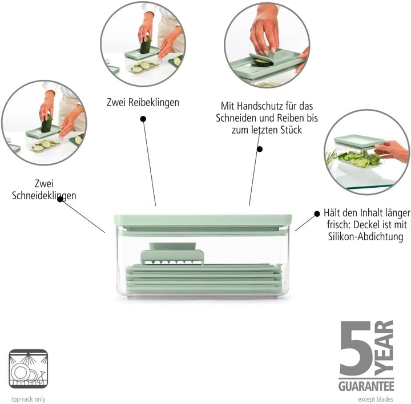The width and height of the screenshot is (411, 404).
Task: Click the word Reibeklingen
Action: (154, 103)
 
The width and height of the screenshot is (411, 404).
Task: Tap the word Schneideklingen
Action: (44, 196)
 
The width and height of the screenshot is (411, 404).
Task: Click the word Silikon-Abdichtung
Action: (366, 237)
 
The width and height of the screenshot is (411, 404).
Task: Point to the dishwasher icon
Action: (29, 369)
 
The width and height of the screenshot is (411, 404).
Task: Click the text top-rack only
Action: (29, 399)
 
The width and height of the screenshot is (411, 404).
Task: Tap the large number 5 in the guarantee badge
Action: (356, 348)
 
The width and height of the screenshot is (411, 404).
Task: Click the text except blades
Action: (376, 399)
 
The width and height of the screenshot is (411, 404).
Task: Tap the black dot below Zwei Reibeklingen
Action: (143, 119)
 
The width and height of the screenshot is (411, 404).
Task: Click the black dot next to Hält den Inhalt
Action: (317, 214)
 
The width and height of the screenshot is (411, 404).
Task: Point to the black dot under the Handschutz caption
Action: (260, 149)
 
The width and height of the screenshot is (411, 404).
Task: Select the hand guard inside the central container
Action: (172, 253)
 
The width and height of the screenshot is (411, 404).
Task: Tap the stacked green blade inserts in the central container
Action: (204, 279)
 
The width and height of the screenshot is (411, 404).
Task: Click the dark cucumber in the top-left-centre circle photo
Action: (146, 45)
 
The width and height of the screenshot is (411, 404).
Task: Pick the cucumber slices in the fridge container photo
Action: (359, 159)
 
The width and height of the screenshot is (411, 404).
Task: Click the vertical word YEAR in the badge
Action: (384, 348)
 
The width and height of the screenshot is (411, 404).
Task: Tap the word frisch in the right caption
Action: (339, 225)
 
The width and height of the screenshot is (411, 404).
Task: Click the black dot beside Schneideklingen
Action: (60, 199)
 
